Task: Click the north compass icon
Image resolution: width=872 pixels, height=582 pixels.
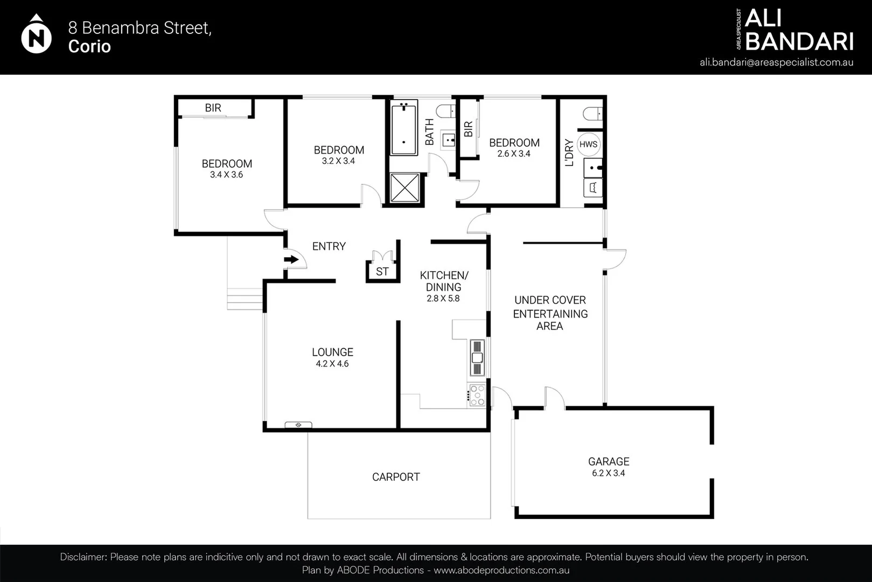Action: coord(36,36)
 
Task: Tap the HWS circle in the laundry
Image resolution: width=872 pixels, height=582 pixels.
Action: coord(588,144)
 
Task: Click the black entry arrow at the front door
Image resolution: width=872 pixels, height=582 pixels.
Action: coord(291,260)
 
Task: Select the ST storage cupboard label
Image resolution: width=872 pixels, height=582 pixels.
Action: coord(382,272)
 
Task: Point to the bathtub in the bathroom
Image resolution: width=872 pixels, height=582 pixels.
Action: coord(403,128)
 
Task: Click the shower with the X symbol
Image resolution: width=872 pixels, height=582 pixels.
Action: coord(404,188)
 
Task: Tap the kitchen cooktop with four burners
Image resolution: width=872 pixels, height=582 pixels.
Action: coord(477,395)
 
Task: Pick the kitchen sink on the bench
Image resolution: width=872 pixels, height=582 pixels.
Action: coord(477,357)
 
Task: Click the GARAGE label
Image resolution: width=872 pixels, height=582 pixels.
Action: coord(609,461)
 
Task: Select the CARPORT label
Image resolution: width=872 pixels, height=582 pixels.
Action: coord(396,477)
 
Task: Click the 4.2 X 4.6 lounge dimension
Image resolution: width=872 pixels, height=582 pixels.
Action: coord(332,364)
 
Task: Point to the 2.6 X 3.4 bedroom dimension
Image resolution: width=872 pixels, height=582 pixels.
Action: coord(514,154)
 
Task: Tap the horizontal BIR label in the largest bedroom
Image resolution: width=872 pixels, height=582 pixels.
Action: coord(213,108)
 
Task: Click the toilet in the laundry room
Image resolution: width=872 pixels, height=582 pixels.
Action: coord(592,114)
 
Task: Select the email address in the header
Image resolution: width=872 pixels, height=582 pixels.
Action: coord(776,62)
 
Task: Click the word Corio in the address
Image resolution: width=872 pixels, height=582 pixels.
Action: coord(89,46)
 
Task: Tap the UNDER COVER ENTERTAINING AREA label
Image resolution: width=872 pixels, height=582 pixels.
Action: coord(550,313)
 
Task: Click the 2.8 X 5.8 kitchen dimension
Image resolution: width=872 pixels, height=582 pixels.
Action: coord(443,299)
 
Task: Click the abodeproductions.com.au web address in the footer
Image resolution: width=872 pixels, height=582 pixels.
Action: coord(501,570)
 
